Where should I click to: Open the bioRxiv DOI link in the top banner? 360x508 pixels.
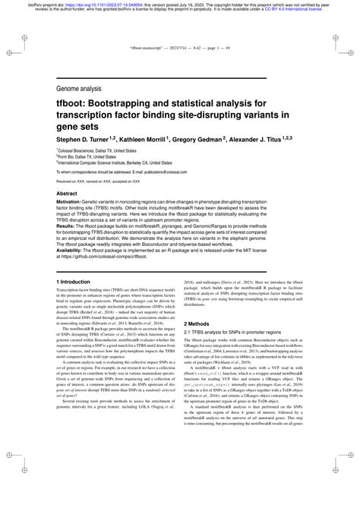click(91, 3)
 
